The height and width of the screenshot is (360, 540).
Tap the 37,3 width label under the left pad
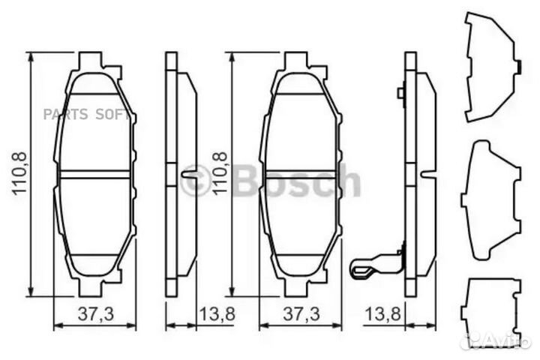pos(95,314)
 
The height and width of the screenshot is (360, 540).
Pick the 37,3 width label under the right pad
pos(299,314)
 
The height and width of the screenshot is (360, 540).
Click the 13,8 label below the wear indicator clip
pos(381,314)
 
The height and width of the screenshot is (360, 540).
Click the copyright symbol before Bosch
pos(195,181)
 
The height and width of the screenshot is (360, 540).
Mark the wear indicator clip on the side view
pos(375,263)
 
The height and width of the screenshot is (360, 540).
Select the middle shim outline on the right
pos(491,198)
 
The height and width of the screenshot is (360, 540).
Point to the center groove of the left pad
pos(95,174)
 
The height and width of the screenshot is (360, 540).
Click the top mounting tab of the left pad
pos(90,58)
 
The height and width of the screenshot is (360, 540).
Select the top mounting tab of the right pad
pos(295,58)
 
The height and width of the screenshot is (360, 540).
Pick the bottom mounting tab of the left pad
pos(90,289)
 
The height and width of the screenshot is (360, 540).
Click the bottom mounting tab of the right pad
pos(295,289)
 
